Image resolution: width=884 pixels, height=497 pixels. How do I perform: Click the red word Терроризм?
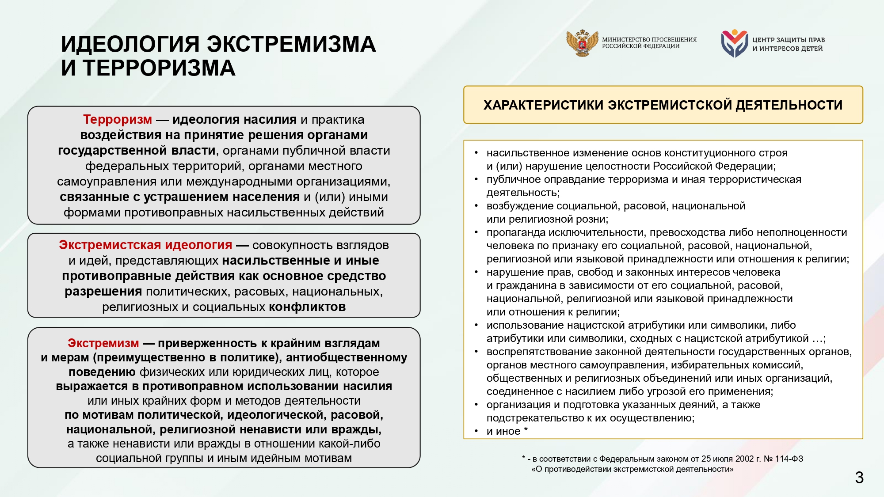[117, 120]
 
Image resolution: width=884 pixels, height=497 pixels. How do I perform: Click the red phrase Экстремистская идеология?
[145, 245]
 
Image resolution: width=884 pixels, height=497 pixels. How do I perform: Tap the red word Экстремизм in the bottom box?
[103, 343]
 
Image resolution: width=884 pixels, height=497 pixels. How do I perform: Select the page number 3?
[859, 478]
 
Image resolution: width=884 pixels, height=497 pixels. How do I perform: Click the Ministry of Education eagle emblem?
[582, 43]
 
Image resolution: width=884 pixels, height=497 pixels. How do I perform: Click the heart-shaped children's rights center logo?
[734, 43]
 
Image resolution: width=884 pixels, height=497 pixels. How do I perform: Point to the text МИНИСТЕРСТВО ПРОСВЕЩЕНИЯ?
[649, 39]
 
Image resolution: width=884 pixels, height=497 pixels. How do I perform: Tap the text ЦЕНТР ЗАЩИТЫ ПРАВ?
[789, 40]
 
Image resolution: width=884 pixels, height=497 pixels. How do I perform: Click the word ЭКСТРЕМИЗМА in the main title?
[291, 44]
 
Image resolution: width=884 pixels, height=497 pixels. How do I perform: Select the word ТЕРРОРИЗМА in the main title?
[159, 68]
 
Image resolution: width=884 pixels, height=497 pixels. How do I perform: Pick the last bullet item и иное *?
[507, 431]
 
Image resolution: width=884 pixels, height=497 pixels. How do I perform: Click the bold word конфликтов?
[307, 307]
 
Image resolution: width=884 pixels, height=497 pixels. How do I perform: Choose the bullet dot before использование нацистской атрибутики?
[476, 325]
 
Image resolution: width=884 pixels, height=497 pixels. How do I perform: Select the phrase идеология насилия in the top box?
[234, 120]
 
